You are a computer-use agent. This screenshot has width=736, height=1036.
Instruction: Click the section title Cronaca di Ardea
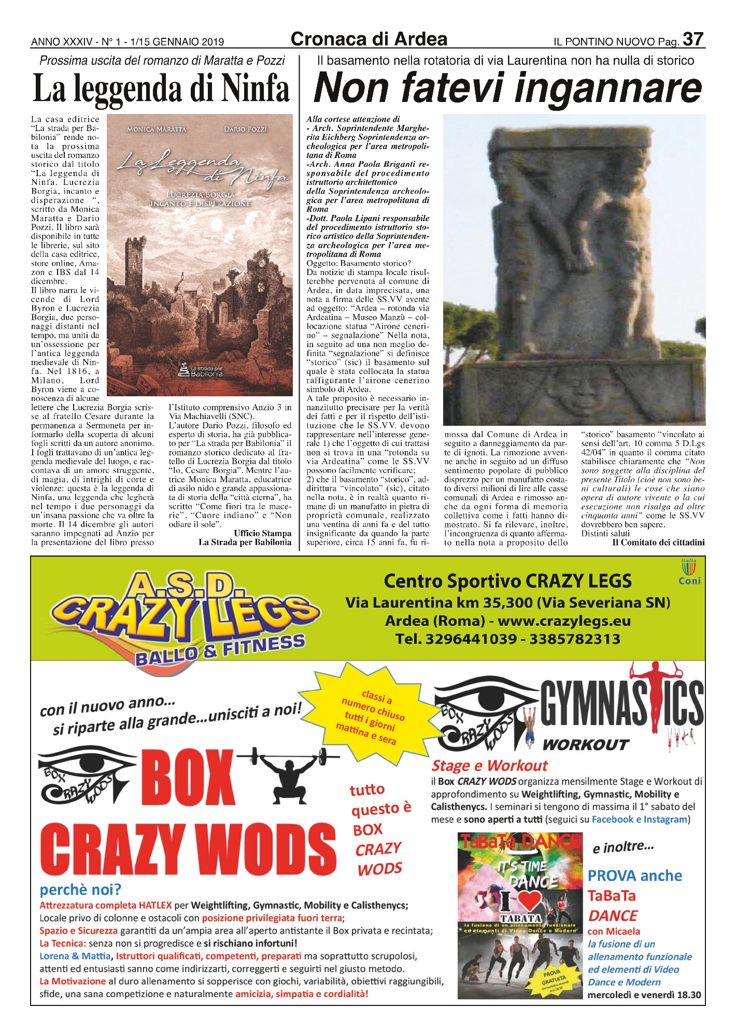(x=369, y=39)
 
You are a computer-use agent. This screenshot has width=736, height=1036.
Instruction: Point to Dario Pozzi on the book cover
(x=245, y=129)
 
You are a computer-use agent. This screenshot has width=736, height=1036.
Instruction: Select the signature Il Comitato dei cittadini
(x=658, y=542)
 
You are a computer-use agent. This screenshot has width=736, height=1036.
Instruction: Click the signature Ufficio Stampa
(x=262, y=533)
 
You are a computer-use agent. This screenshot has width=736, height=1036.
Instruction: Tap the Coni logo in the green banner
(x=689, y=572)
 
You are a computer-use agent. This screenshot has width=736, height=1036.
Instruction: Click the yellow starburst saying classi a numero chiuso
(x=369, y=715)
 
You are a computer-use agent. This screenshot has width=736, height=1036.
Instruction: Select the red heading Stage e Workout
(x=489, y=766)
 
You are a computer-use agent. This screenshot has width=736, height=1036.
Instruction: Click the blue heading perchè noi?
(x=80, y=890)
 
